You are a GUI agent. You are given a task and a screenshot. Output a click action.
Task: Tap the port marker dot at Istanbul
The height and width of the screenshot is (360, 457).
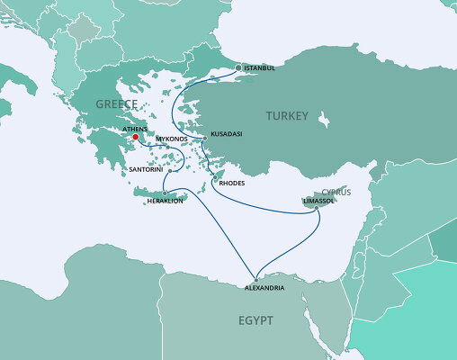coord(238,67)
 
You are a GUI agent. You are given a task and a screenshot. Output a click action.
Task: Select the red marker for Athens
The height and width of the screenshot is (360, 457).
coord(135,138)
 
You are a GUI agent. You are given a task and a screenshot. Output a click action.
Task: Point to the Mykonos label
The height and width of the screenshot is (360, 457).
coord(174,139)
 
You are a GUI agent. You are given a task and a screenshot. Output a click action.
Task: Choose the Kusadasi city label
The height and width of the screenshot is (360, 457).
coord(226,133)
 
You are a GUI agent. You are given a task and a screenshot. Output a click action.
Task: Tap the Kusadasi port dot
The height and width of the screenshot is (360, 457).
coord(205,139)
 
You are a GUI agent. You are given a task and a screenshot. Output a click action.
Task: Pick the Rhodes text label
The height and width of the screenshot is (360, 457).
coord(230,183)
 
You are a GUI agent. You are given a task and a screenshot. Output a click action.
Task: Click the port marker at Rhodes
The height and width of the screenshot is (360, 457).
coord(215,178)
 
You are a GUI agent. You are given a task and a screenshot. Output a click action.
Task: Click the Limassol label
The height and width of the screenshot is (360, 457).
coord(324,202)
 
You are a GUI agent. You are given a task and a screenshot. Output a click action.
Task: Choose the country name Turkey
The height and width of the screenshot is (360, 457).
coord(285,116)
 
